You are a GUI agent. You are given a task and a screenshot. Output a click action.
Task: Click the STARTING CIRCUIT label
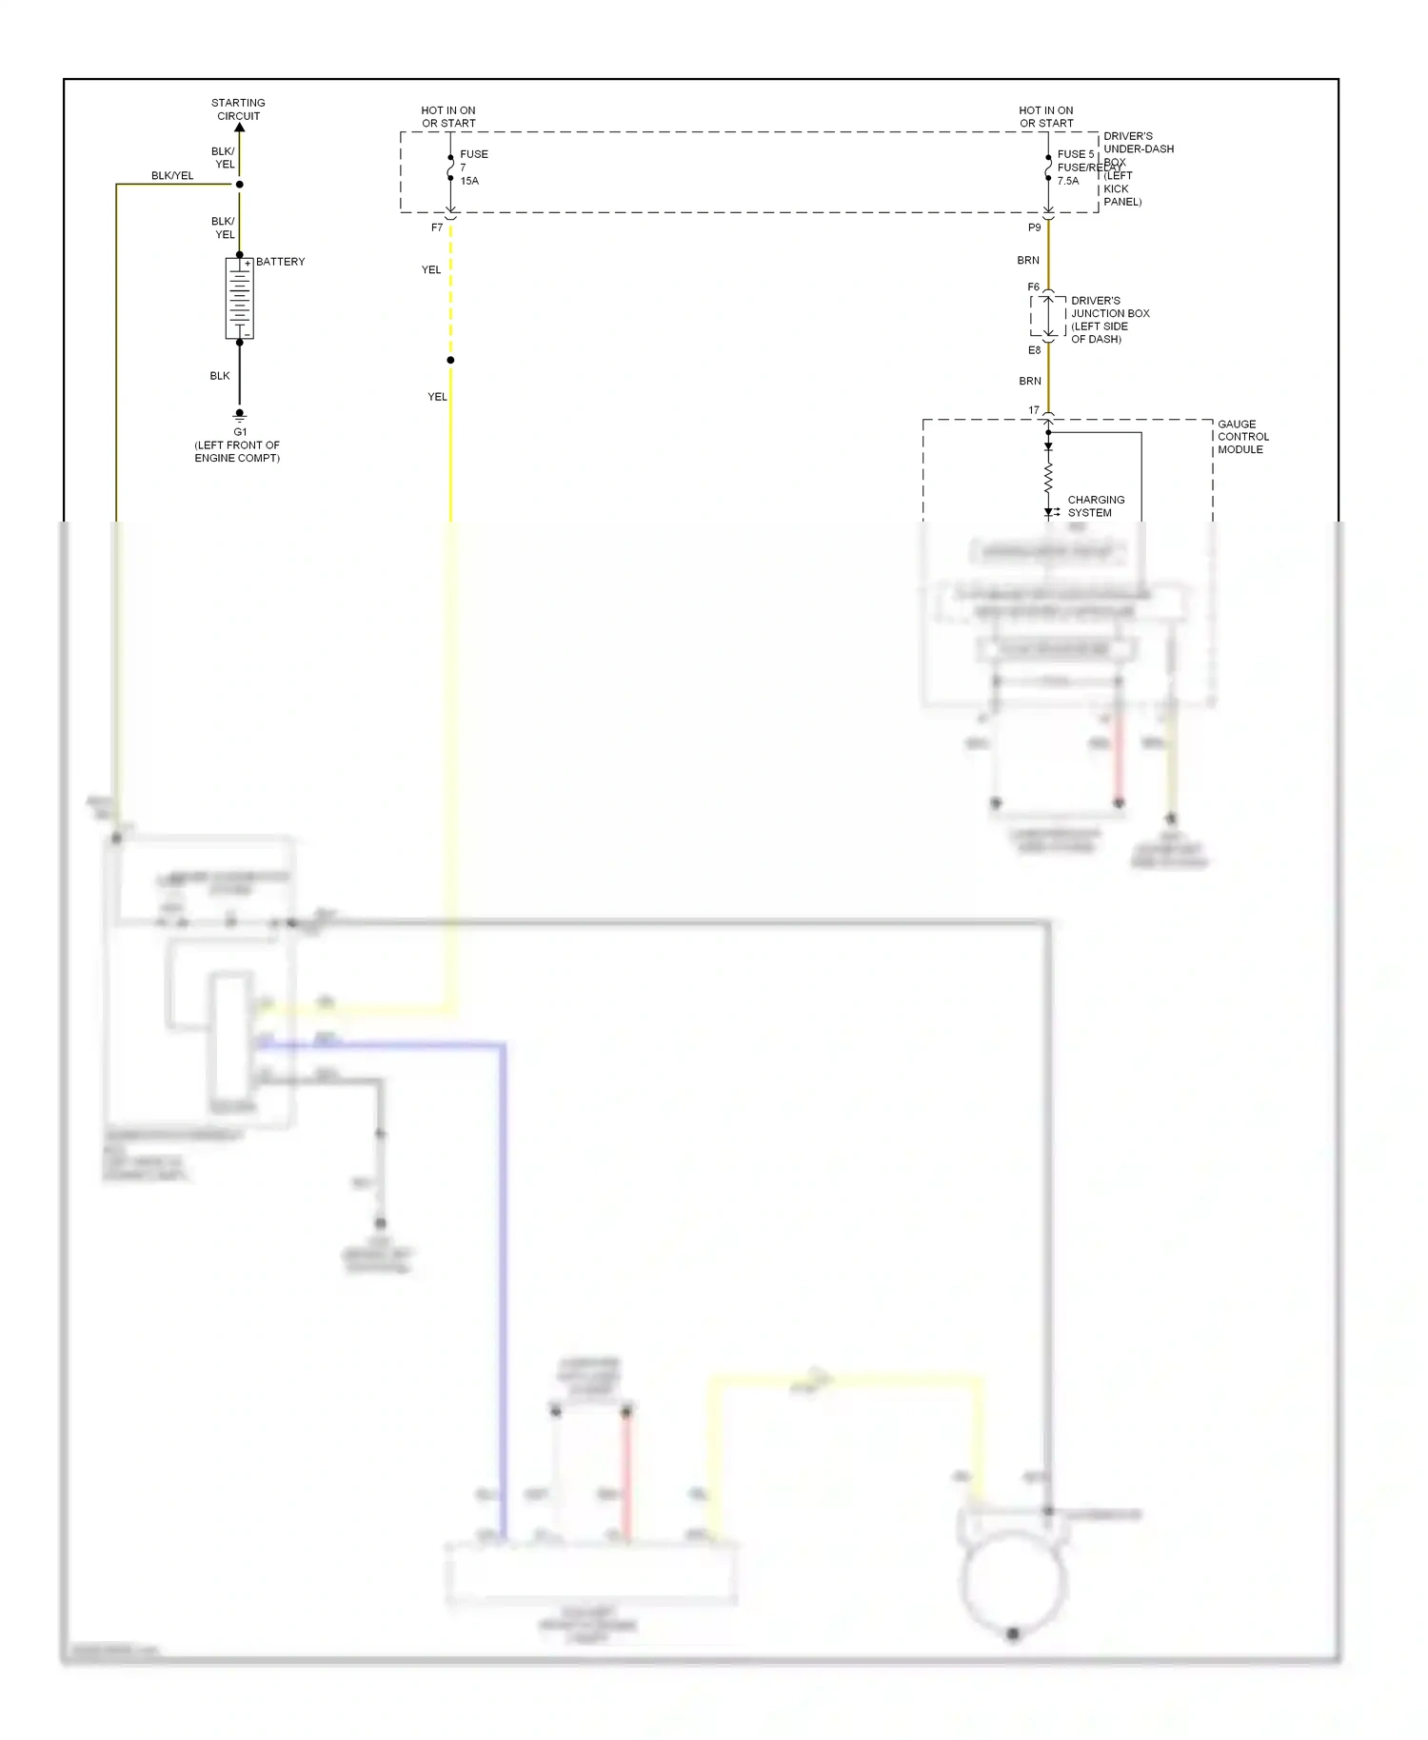(x=238, y=109)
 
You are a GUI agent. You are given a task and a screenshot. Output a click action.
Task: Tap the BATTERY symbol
(x=240, y=298)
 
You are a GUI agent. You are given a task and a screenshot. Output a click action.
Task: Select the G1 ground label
(x=240, y=432)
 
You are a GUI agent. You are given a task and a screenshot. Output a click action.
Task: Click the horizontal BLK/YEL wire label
(x=172, y=176)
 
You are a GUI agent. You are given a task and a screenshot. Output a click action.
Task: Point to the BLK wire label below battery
(x=220, y=376)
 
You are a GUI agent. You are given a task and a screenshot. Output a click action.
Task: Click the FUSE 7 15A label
(x=473, y=168)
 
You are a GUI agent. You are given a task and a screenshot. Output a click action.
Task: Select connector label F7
(x=437, y=228)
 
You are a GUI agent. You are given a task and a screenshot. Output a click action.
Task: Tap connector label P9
(x=1034, y=228)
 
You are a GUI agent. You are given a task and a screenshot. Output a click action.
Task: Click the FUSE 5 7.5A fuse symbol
(x=1048, y=168)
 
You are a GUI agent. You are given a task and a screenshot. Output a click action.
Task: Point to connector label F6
(x=1033, y=287)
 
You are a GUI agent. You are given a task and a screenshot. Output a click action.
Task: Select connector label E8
(x=1034, y=350)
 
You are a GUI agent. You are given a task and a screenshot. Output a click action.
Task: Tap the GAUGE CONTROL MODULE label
(x=1242, y=437)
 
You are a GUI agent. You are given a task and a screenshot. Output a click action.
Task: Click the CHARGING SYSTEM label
(x=1095, y=506)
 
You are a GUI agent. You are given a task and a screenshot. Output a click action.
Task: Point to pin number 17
(x=1034, y=410)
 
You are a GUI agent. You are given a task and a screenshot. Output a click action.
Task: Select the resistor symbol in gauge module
(x=1048, y=478)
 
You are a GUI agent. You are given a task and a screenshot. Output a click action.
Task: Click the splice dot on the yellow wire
(x=450, y=360)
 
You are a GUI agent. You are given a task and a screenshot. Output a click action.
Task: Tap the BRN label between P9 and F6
(x=1028, y=261)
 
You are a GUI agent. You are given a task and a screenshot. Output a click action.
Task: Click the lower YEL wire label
(x=437, y=397)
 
